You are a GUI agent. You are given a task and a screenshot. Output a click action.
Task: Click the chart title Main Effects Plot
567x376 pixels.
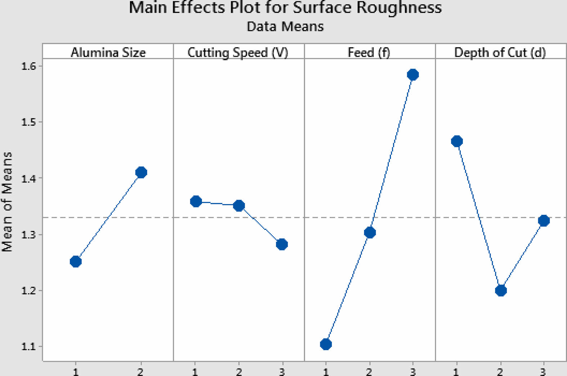tap(285, 8)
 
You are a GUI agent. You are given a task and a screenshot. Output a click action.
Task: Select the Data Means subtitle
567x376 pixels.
tap(285, 27)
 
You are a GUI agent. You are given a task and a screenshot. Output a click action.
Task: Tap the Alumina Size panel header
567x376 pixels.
tap(108, 53)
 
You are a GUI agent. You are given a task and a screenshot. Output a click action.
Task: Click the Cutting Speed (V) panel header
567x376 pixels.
tap(238, 53)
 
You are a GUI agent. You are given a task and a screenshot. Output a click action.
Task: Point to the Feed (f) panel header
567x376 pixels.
tap(369, 53)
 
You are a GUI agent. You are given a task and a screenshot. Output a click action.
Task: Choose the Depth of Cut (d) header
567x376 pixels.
tap(500, 53)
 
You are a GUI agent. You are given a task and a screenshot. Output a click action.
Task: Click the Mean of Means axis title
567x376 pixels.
tap(7, 201)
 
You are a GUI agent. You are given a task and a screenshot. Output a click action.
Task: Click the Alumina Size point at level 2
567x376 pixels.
tap(141, 172)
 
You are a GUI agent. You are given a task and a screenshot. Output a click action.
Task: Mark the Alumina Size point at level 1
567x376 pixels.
tap(76, 262)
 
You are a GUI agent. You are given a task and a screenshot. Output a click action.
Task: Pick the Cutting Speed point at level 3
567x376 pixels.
tap(282, 244)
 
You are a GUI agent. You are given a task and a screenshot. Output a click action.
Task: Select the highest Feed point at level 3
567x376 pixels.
tap(413, 75)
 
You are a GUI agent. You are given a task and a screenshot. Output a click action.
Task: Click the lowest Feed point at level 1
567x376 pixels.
tap(326, 344)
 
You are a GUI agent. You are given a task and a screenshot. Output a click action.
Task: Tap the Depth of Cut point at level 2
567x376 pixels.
tap(501, 290)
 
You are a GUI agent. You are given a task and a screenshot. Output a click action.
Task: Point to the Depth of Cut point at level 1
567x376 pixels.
tap(457, 141)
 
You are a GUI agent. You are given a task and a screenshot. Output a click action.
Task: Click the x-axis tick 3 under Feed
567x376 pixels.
tap(413, 371)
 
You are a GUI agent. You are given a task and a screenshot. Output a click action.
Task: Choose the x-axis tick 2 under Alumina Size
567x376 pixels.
tap(140, 371)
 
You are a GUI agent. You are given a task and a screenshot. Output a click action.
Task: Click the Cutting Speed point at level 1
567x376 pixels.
tap(196, 201)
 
